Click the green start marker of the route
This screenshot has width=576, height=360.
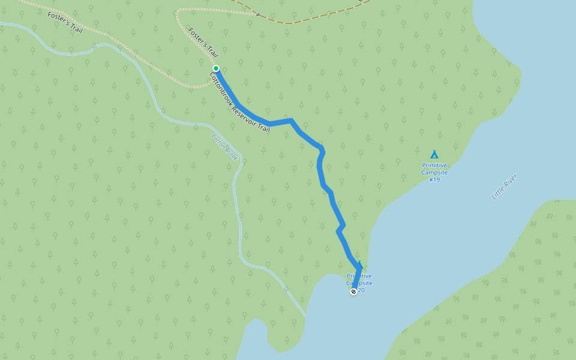(216, 68)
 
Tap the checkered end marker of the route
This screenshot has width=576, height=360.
(353, 292)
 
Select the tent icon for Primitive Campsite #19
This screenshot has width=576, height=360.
(434, 155)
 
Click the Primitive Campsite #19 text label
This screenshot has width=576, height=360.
(434, 172)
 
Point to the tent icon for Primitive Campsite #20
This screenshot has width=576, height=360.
(359, 265)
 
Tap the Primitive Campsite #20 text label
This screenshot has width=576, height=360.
(359, 283)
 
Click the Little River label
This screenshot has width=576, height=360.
(504, 187)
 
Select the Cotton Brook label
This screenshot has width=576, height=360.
(225, 147)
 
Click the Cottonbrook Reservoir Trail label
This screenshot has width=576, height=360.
(239, 102)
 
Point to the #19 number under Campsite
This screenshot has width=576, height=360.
(434, 179)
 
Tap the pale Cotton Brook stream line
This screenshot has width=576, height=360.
(240, 228)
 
